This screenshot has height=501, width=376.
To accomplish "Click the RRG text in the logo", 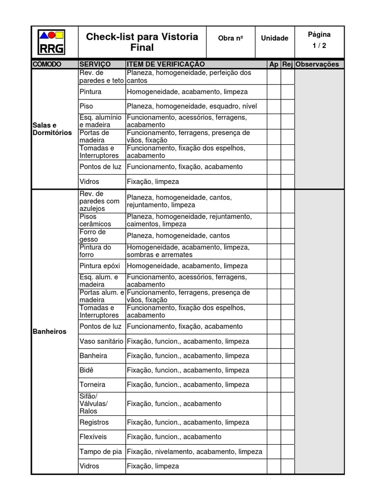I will click(x=51, y=49).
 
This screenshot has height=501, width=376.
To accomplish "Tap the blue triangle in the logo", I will click(x=44, y=35).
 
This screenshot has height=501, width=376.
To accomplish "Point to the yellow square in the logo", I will click(x=59, y=35).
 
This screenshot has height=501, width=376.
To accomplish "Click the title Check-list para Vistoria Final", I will click(x=142, y=42).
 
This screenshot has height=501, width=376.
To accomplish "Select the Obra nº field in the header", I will click(x=230, y=38).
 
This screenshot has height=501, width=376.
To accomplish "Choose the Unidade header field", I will click(x=275, y=38).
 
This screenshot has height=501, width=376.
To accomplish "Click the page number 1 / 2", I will click(x=319, y=46).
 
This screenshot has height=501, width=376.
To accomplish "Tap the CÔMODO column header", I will click(x=47, y=64).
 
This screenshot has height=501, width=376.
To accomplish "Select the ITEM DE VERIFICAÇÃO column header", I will click(x=165, y=64).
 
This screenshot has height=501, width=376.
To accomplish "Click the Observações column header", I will click(x=318, y=64).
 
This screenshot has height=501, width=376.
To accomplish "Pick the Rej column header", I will click(x=287, y=64).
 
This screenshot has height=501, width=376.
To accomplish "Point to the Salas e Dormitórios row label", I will click(x=52, y=129).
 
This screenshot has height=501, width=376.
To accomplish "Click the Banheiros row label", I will click(x=49, y=331).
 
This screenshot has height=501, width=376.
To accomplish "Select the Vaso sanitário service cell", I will click(x=101, y=341).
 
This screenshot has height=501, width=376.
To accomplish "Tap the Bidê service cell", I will click(x=87, y=370).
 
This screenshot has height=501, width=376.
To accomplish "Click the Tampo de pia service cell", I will click(x=101, y=452).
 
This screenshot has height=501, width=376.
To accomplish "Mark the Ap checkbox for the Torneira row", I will click(x=274, y=385).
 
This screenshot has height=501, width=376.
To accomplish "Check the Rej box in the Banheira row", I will click(x=287, y=356).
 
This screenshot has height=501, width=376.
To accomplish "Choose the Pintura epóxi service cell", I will click(x=101, y=266).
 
